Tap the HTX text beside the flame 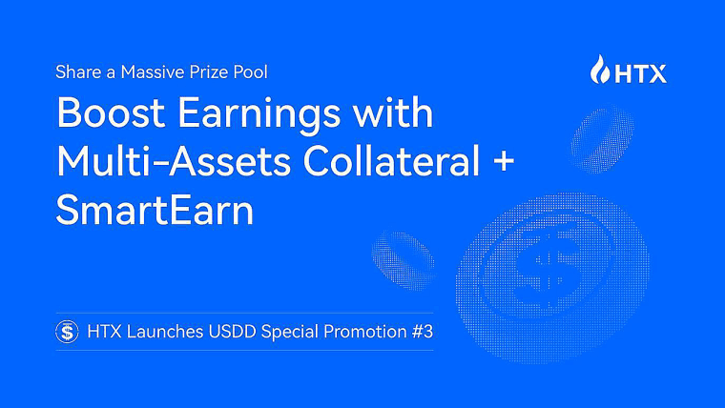pos(642,71)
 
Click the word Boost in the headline pos(108,114)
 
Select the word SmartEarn pos(155,210)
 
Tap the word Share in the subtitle pos(74,71)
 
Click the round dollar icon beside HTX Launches pos(68,332)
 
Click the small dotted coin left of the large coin pos(402,255)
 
